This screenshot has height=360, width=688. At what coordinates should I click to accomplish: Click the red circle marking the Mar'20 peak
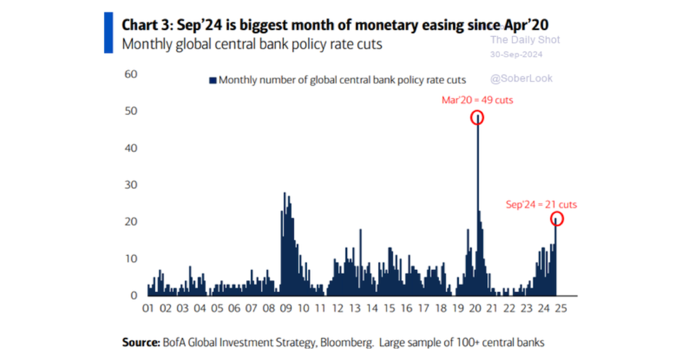click(477, 118)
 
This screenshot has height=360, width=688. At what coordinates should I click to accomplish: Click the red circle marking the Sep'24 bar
click(556, 219)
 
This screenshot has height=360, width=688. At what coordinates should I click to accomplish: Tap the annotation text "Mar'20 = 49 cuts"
click(477, 100)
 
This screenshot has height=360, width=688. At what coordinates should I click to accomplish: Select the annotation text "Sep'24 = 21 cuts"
click(541, 204)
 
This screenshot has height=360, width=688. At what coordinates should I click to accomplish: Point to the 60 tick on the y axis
click(131, 74)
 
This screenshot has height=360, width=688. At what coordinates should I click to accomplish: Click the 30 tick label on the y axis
click(131, 185)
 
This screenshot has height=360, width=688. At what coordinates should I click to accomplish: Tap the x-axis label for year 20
click(475, 308)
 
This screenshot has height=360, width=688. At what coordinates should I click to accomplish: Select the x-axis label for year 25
click(561, 308)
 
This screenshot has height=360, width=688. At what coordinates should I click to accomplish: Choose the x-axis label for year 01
click(148, 308)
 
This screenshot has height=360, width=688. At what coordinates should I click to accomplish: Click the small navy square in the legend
click(213, 80)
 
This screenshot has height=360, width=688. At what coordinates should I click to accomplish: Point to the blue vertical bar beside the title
click(108, 32)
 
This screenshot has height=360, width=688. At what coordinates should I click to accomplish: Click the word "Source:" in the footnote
click(140, 343)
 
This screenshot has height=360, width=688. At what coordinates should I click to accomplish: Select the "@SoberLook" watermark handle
click(522, 79)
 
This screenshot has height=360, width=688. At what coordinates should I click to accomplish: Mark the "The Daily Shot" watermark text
click(525, 40)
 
